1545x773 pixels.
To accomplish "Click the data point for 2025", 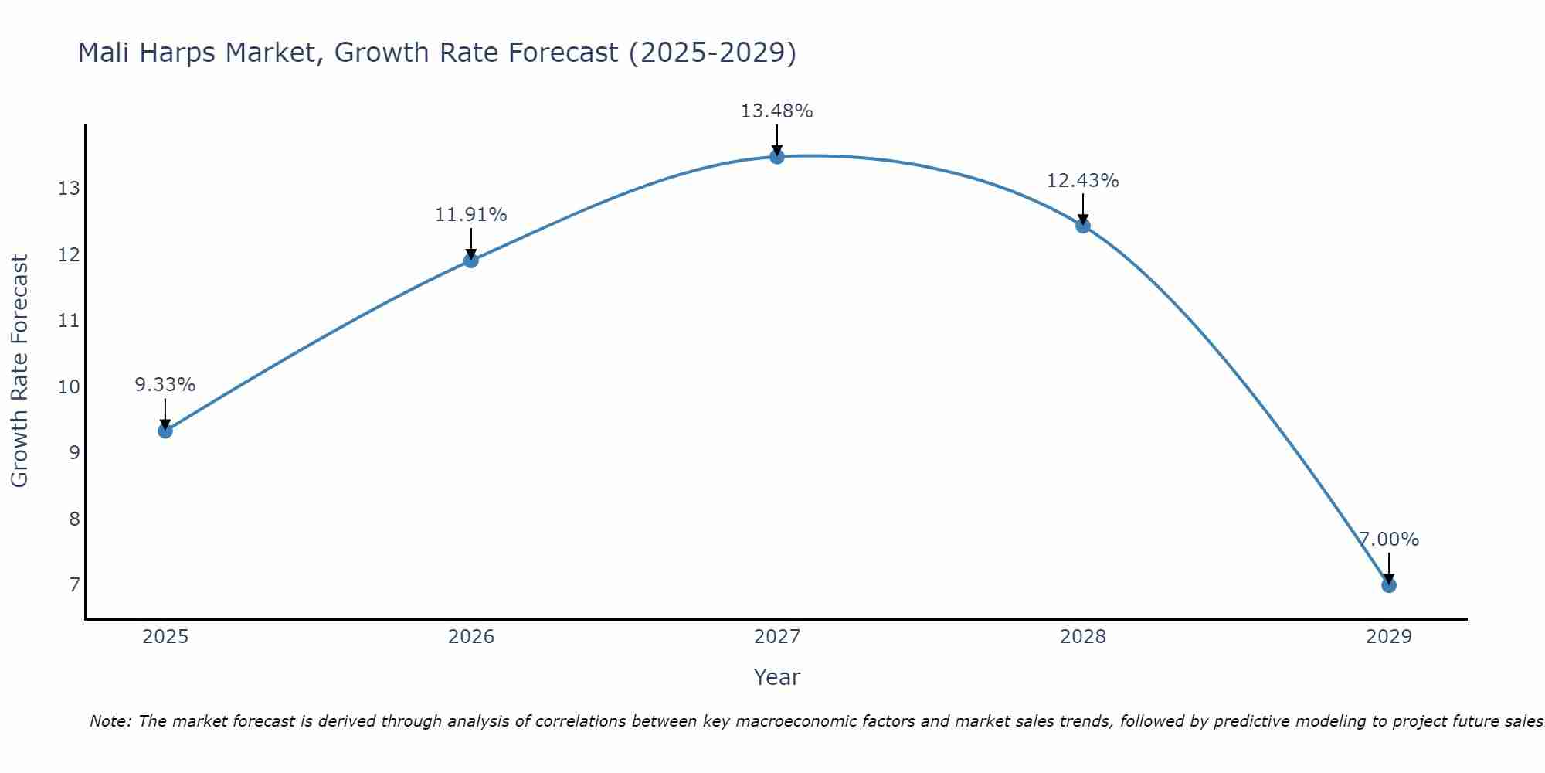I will click(165, 431).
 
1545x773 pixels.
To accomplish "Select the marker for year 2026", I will click(471, 261).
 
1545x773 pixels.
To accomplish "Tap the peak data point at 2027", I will click(777, 157).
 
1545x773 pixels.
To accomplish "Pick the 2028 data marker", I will click(1083, 226).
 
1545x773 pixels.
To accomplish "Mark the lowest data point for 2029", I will click(1389, 585).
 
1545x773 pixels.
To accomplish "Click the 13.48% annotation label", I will click(776, 111).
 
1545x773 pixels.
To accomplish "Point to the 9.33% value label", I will click(165, 385).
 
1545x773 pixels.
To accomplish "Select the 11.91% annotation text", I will click(470, 215).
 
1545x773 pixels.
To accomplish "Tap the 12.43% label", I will click(1082, 181).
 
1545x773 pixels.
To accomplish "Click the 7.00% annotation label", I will click(1389, 540).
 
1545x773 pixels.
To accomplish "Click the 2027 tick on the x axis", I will click(777, 637).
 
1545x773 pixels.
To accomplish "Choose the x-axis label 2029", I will click(1389, 637).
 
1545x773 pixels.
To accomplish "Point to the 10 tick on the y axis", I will click(70, 386).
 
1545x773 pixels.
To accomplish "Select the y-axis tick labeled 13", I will click(70, 189).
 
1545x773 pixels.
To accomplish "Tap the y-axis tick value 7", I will click(74, 584).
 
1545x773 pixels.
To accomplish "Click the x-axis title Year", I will click(776, 677).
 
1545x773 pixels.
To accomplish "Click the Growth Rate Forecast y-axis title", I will click(20, 371).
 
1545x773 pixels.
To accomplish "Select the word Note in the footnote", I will click(108, 721).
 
